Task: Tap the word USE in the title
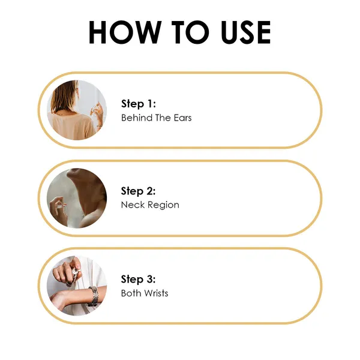pos(245,32)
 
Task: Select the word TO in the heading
pos(190,32)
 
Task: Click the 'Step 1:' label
pos(139,104)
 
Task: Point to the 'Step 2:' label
pos(138,191)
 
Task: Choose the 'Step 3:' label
pos(138,280)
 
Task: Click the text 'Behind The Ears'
pos(157,118)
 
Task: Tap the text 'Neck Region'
pos(150,205)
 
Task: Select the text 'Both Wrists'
pos(145,293)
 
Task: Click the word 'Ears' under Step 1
pos(183,118)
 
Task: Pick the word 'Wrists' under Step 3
pos(157,293)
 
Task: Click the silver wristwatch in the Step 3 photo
pos(93,296)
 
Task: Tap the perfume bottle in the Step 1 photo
pos(95,110)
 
